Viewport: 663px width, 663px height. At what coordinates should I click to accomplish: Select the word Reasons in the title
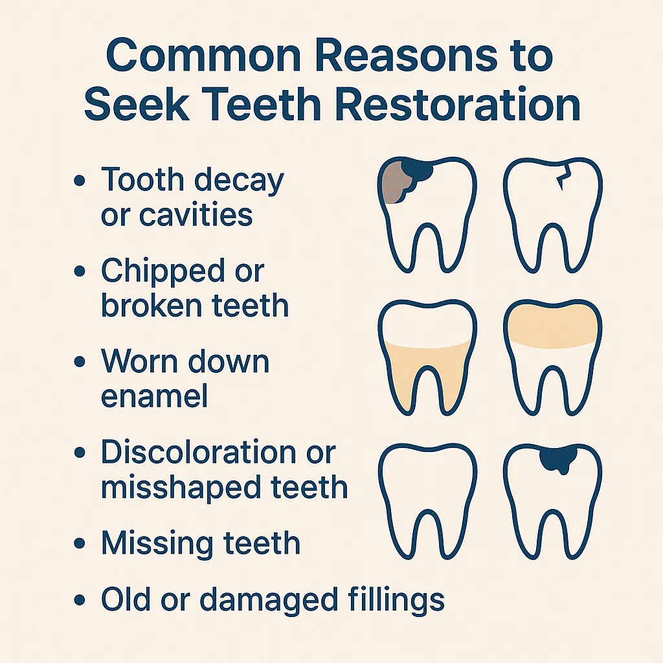406,56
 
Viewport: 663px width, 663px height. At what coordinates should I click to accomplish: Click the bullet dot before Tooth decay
80,181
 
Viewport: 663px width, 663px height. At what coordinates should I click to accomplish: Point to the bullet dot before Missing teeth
80,543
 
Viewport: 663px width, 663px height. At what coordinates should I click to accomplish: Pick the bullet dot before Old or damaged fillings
80,600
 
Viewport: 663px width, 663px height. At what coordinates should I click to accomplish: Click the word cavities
196,214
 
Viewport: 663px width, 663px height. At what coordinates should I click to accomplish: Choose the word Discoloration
199,451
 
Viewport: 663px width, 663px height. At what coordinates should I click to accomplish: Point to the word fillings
396,601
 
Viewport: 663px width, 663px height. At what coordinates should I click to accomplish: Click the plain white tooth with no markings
427,501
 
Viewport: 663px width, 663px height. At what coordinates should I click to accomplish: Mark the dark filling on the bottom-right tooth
558,459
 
